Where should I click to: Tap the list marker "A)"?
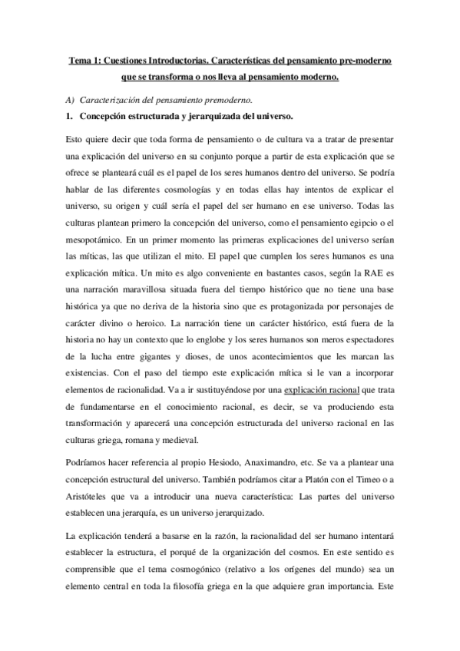tap(70, 101)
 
